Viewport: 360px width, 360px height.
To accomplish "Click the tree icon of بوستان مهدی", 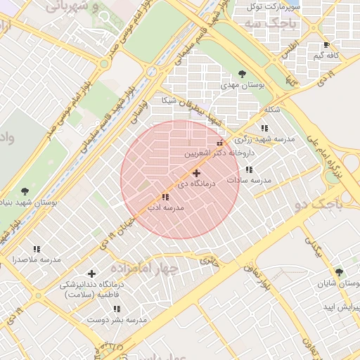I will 243,74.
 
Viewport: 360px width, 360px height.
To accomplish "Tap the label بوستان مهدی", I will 243,85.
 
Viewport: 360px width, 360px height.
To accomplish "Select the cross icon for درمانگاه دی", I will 196,172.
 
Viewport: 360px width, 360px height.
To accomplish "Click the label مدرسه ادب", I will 165,208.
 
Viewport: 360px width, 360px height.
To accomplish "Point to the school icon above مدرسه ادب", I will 165,198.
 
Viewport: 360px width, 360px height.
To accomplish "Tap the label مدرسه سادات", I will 249,181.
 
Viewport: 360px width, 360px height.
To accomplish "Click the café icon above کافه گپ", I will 326,45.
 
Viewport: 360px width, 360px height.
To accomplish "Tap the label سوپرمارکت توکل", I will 274,6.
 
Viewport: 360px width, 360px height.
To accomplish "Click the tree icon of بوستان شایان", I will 340,272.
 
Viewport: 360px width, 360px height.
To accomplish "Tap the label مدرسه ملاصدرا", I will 36,259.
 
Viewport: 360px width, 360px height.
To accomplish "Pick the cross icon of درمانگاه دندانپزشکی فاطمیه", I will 91,274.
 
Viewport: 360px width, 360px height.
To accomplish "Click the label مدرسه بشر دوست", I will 117,319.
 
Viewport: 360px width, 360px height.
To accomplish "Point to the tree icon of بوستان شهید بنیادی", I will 25,191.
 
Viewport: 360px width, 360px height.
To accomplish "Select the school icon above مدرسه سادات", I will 249,169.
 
